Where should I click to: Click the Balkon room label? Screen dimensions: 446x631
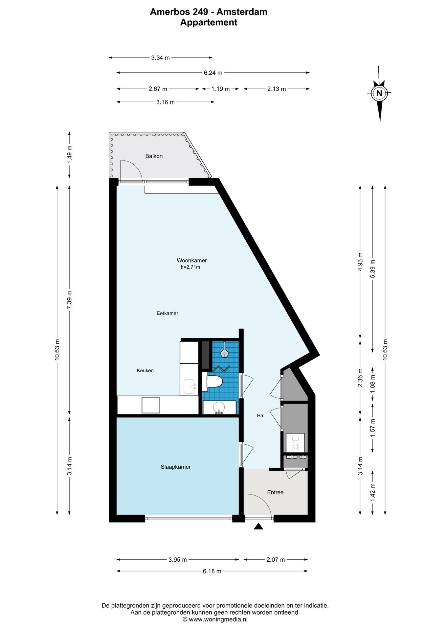[x=154, y=156]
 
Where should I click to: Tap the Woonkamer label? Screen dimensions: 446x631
[x=192, y=260]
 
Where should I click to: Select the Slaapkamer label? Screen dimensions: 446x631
[x=176, y=467]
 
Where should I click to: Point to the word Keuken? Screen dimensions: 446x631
[x=145, y=370]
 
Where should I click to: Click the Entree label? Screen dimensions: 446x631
[x=275, y=492]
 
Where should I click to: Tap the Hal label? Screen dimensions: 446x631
[x=261, y=415]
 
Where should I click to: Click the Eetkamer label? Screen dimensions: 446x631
[x=167, y=313]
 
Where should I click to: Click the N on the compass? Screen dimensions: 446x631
[x=379, y=93]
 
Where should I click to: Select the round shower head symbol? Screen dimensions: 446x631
[x=224, y=353]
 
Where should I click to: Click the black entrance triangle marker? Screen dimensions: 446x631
[x=258, y=526]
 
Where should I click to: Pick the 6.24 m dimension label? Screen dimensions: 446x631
[x=213, y=73]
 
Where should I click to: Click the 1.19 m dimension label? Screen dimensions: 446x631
[x=220, y=89]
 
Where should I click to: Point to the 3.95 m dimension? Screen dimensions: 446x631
[x=178, y=559]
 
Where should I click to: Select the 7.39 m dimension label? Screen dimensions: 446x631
[x=69, y=300]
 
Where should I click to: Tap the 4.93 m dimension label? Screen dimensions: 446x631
[x=360, y=262]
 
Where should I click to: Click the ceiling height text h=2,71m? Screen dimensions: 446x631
[x=190, y=267]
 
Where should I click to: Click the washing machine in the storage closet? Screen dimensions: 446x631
[x=295, y=443]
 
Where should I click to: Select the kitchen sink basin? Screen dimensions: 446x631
[x=190, y=386]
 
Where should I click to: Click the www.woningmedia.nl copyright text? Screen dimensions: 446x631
[x=215, y=619]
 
